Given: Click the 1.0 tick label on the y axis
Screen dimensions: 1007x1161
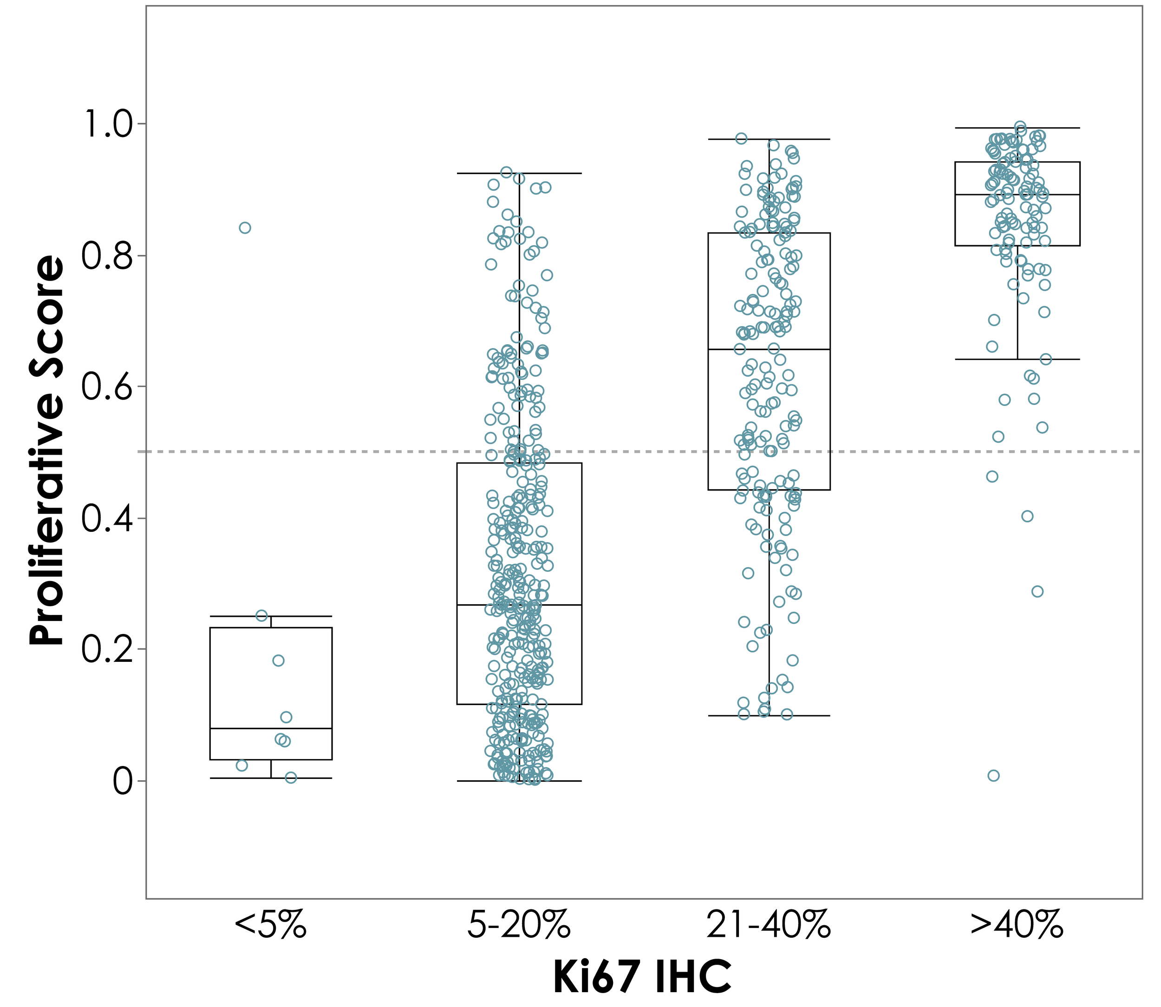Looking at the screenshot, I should click(106, 124).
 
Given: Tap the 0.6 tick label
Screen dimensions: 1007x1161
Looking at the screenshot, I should click(106, 387).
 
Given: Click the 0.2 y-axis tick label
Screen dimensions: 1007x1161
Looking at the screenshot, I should click(106, 650).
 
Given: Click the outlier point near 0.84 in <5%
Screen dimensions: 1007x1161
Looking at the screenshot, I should click(245, 228).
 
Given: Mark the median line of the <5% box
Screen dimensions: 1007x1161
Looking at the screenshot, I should click(271, 728).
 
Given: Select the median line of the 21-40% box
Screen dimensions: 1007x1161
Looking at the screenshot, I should click(769, 350).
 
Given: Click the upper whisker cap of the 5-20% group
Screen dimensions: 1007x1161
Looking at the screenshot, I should click(519, 173).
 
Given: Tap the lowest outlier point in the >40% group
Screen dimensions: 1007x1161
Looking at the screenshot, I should click(993, 776).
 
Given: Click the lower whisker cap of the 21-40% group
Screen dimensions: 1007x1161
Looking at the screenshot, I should click(769, 716).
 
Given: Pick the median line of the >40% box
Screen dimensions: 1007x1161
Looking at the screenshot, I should click(1017, 195).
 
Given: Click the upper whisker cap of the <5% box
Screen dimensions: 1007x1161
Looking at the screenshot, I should click(271, 616).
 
